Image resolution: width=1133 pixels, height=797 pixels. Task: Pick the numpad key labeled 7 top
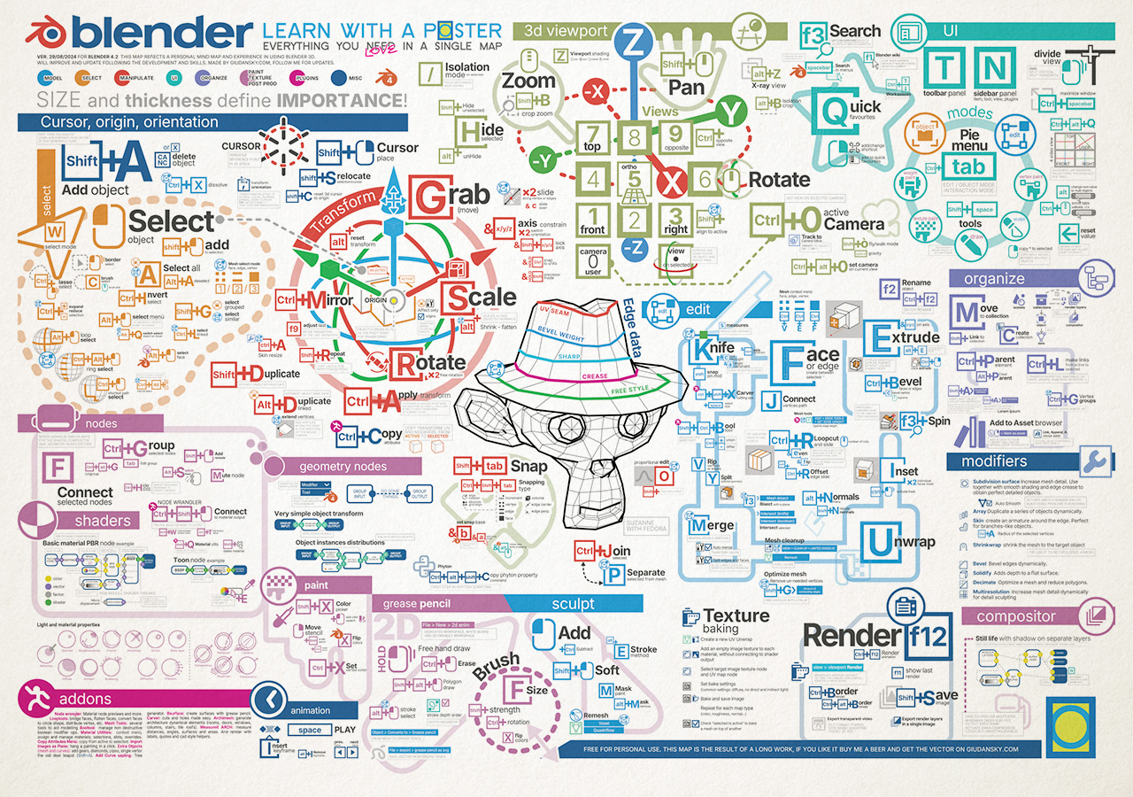point(593,137)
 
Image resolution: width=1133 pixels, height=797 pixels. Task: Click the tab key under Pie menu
point(968,167)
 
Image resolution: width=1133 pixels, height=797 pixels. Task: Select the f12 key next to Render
point(926,636)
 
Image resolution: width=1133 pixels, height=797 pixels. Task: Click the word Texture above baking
point(736,615)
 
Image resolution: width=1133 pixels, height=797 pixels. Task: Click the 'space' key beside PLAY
point(310,731)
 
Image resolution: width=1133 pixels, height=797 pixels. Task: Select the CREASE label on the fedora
point(594,376)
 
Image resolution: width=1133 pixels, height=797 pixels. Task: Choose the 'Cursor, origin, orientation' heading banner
point(129,122)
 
